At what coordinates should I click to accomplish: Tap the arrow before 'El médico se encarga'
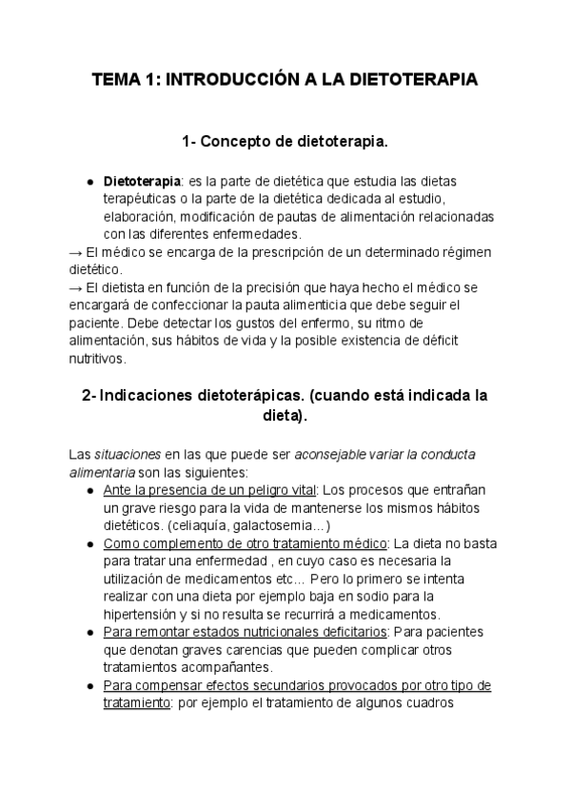point(76,252)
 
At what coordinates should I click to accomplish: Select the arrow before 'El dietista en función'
point(76,287)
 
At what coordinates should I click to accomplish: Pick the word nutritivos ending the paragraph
point(97,360)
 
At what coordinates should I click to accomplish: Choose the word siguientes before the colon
point(216,472)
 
